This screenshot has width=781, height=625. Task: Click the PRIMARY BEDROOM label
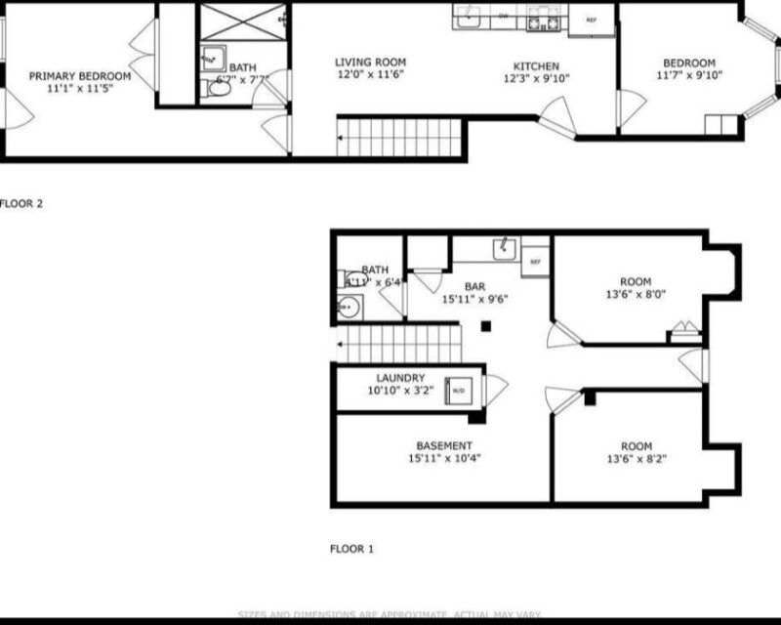point(79,75)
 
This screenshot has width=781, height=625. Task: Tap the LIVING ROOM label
point(371,61)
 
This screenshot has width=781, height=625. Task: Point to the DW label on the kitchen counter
point(504,17)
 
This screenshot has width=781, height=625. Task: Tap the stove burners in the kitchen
point(540,19)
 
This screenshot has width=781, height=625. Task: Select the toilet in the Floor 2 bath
point(220,87)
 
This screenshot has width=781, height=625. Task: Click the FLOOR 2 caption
point(21,205)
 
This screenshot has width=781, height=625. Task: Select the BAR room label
point(475,286)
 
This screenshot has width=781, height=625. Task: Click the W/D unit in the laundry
point(456,390)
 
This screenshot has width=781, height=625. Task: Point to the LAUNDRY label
point(398,378)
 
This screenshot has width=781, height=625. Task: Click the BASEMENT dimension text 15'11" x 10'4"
point(444,457)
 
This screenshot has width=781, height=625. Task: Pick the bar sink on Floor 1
point(505,248)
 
